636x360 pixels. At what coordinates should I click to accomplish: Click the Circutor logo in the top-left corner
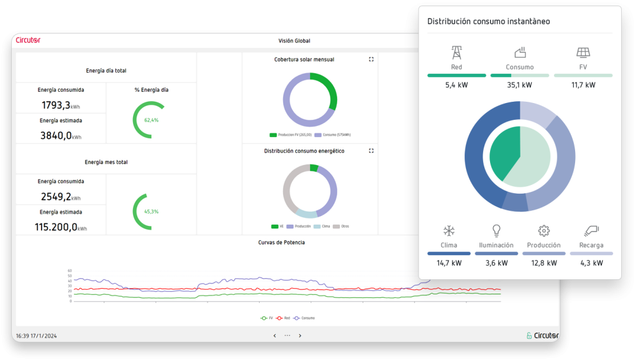(28, 40)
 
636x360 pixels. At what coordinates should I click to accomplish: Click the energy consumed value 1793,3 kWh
(61, 106)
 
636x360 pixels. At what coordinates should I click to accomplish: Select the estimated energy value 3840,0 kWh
(61, 135)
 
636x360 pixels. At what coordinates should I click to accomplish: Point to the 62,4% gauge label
(151, 120)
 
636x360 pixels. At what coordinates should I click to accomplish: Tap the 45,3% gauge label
(151, 212)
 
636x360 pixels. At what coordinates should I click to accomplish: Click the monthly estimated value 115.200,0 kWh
(61, 227)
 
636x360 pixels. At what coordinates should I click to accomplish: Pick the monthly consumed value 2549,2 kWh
(61, 197)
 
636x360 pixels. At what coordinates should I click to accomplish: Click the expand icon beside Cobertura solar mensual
(371, 60)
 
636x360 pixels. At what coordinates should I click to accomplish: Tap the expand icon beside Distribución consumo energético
(371, 151)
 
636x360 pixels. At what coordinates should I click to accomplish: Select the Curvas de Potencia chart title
(281, 242)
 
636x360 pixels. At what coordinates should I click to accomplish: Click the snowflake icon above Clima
(448, 231)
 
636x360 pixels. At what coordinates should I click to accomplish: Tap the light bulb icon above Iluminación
(496, 231)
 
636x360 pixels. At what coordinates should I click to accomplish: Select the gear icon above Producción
(543, 231)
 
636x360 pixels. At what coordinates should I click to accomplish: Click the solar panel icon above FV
(583, 53)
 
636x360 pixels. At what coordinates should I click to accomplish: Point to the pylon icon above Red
(457, 53)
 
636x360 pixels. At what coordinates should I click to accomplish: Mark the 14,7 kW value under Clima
(448, 263)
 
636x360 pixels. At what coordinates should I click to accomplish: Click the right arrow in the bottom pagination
(300, 336)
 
